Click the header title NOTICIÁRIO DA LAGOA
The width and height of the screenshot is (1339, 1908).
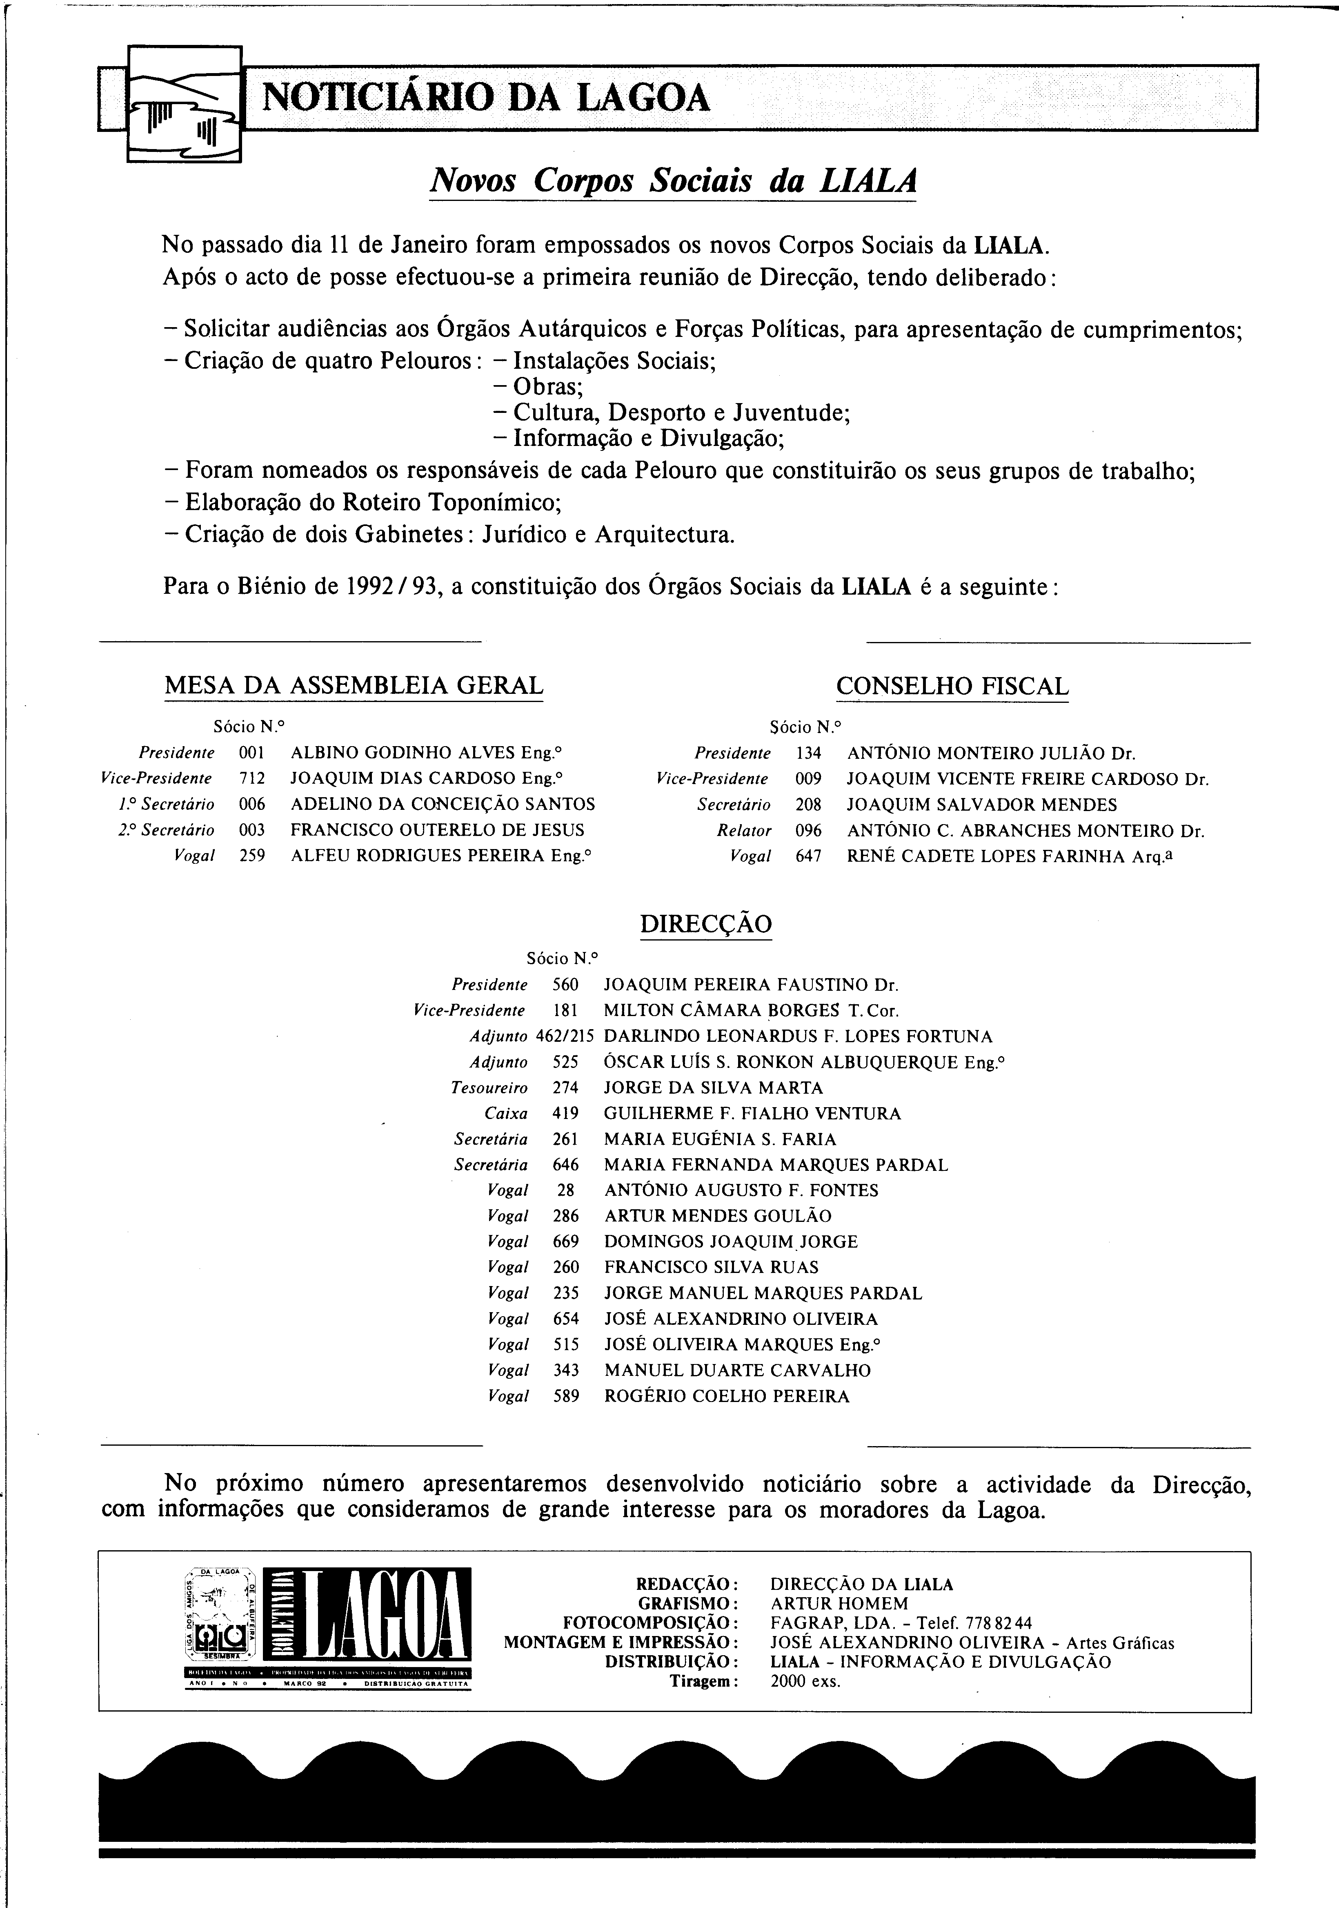[486, 98]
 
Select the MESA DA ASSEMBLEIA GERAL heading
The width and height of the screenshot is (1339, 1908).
[354, 686]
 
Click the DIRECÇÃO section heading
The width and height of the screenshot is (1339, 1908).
[706, 924]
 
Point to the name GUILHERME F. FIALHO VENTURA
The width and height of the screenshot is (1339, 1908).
[752, 1113]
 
